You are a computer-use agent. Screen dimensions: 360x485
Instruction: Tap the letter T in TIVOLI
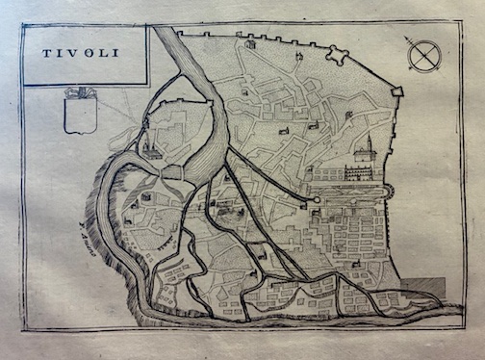43,54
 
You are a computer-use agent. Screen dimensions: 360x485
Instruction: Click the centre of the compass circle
423,57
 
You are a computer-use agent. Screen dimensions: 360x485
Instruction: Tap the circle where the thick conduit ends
317,199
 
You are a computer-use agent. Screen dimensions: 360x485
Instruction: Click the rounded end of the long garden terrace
390,192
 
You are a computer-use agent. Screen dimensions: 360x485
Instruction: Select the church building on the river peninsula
154,152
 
